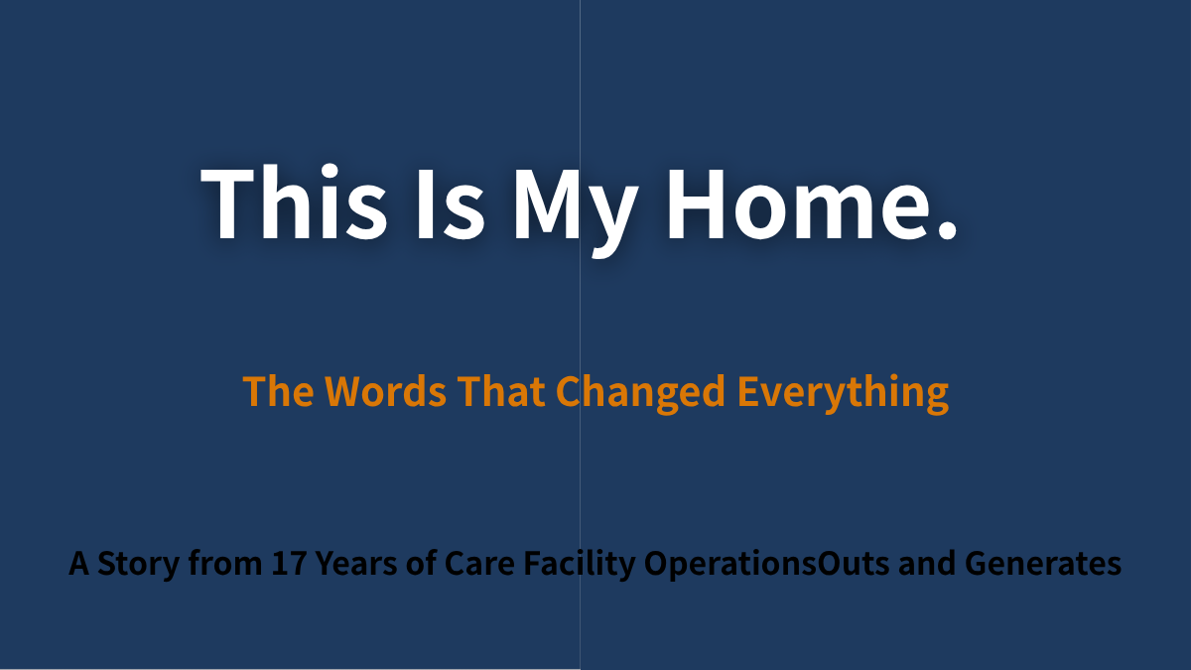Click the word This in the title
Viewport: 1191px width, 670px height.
coord(294,202)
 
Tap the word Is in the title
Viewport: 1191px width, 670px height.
coord(451,203)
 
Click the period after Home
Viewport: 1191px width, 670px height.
coord(947,229)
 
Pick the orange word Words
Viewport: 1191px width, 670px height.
coord(385,391)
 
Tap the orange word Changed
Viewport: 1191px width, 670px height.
coord(640,393)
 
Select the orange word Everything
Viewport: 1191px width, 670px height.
coord(843,393)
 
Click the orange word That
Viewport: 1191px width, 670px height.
coord(501,391)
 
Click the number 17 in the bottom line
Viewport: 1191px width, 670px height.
coord(289,563)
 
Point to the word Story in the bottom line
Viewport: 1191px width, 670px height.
coord(138,565)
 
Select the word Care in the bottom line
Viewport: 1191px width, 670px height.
coord(479,563)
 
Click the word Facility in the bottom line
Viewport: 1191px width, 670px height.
coord(579,565)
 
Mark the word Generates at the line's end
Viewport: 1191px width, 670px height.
coord(1043,563)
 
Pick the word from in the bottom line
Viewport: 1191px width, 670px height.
coord(225,563)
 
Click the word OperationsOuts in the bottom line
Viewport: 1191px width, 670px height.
coord(766,565)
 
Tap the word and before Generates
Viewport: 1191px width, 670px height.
coord(927,563)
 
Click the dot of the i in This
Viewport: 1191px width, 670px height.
coord(330,173)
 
